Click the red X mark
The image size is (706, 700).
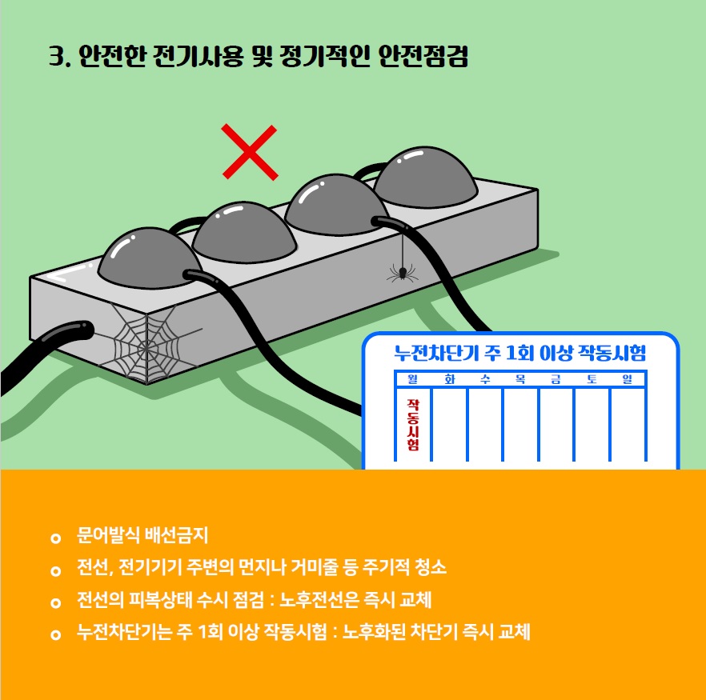[250, 152]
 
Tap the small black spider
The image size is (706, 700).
[403, 273]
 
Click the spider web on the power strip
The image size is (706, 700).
[146, 344]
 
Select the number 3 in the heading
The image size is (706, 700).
[56, 57]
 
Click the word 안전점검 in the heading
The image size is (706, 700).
[423, 56]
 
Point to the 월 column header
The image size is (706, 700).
[412, 379]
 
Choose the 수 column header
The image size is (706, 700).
[485, 379]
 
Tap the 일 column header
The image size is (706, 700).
[628, 379]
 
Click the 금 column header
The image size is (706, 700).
[556, 379]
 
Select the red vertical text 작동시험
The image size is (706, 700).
[413, 425]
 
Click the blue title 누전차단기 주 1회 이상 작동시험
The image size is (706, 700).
[520, 353]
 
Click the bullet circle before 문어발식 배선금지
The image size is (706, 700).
[56, 538]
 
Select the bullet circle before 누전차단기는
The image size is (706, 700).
[56, 634]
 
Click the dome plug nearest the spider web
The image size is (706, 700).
[150, 258]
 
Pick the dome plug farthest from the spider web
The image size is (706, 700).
[426, 177]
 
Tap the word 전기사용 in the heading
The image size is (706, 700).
[199, 56]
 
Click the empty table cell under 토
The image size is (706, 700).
[592, 425]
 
